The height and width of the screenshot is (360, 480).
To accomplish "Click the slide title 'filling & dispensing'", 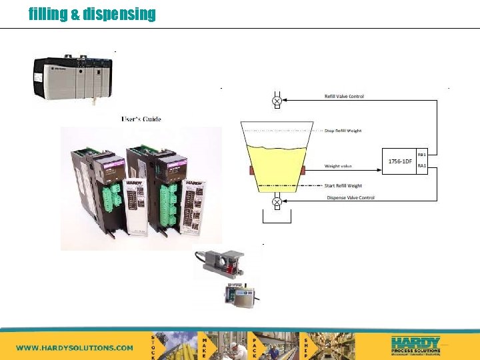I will pyautogui.click(x=92, y=14).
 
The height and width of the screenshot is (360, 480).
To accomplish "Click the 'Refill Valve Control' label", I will pyautogui.click(x=344, y=97).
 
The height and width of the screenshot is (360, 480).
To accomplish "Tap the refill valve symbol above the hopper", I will pyautogui.click(x=277, y=101).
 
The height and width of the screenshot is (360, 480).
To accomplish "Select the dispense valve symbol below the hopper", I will pyautogui.click(x=277, y=201).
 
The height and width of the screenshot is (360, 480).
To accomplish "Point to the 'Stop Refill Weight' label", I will pyautogui.click(x=343, y=131).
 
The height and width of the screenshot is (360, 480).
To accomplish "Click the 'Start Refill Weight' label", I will pyautogui.click(x=343, y=186).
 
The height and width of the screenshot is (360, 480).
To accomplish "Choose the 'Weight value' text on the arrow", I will pyautogui.click(x=338, y=165).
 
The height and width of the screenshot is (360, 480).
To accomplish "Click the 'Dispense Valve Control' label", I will pyautogui.click(x=351, y=197).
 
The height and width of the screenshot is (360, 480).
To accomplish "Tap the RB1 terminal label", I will pyautogui.click(x=421, y=154).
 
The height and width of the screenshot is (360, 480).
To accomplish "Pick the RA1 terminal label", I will pyautogui.click(x=421, y=166).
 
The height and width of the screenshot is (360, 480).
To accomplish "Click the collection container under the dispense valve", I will pyautogui.click(x=277, y=218).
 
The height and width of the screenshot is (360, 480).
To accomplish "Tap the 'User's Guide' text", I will pyautogui.click(x=141, y=119).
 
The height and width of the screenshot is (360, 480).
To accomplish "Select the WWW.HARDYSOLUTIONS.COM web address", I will pyautogui.click(x=75, y=347).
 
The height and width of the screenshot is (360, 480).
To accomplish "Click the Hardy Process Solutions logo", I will pyautogui.click(x=415, y=345).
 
